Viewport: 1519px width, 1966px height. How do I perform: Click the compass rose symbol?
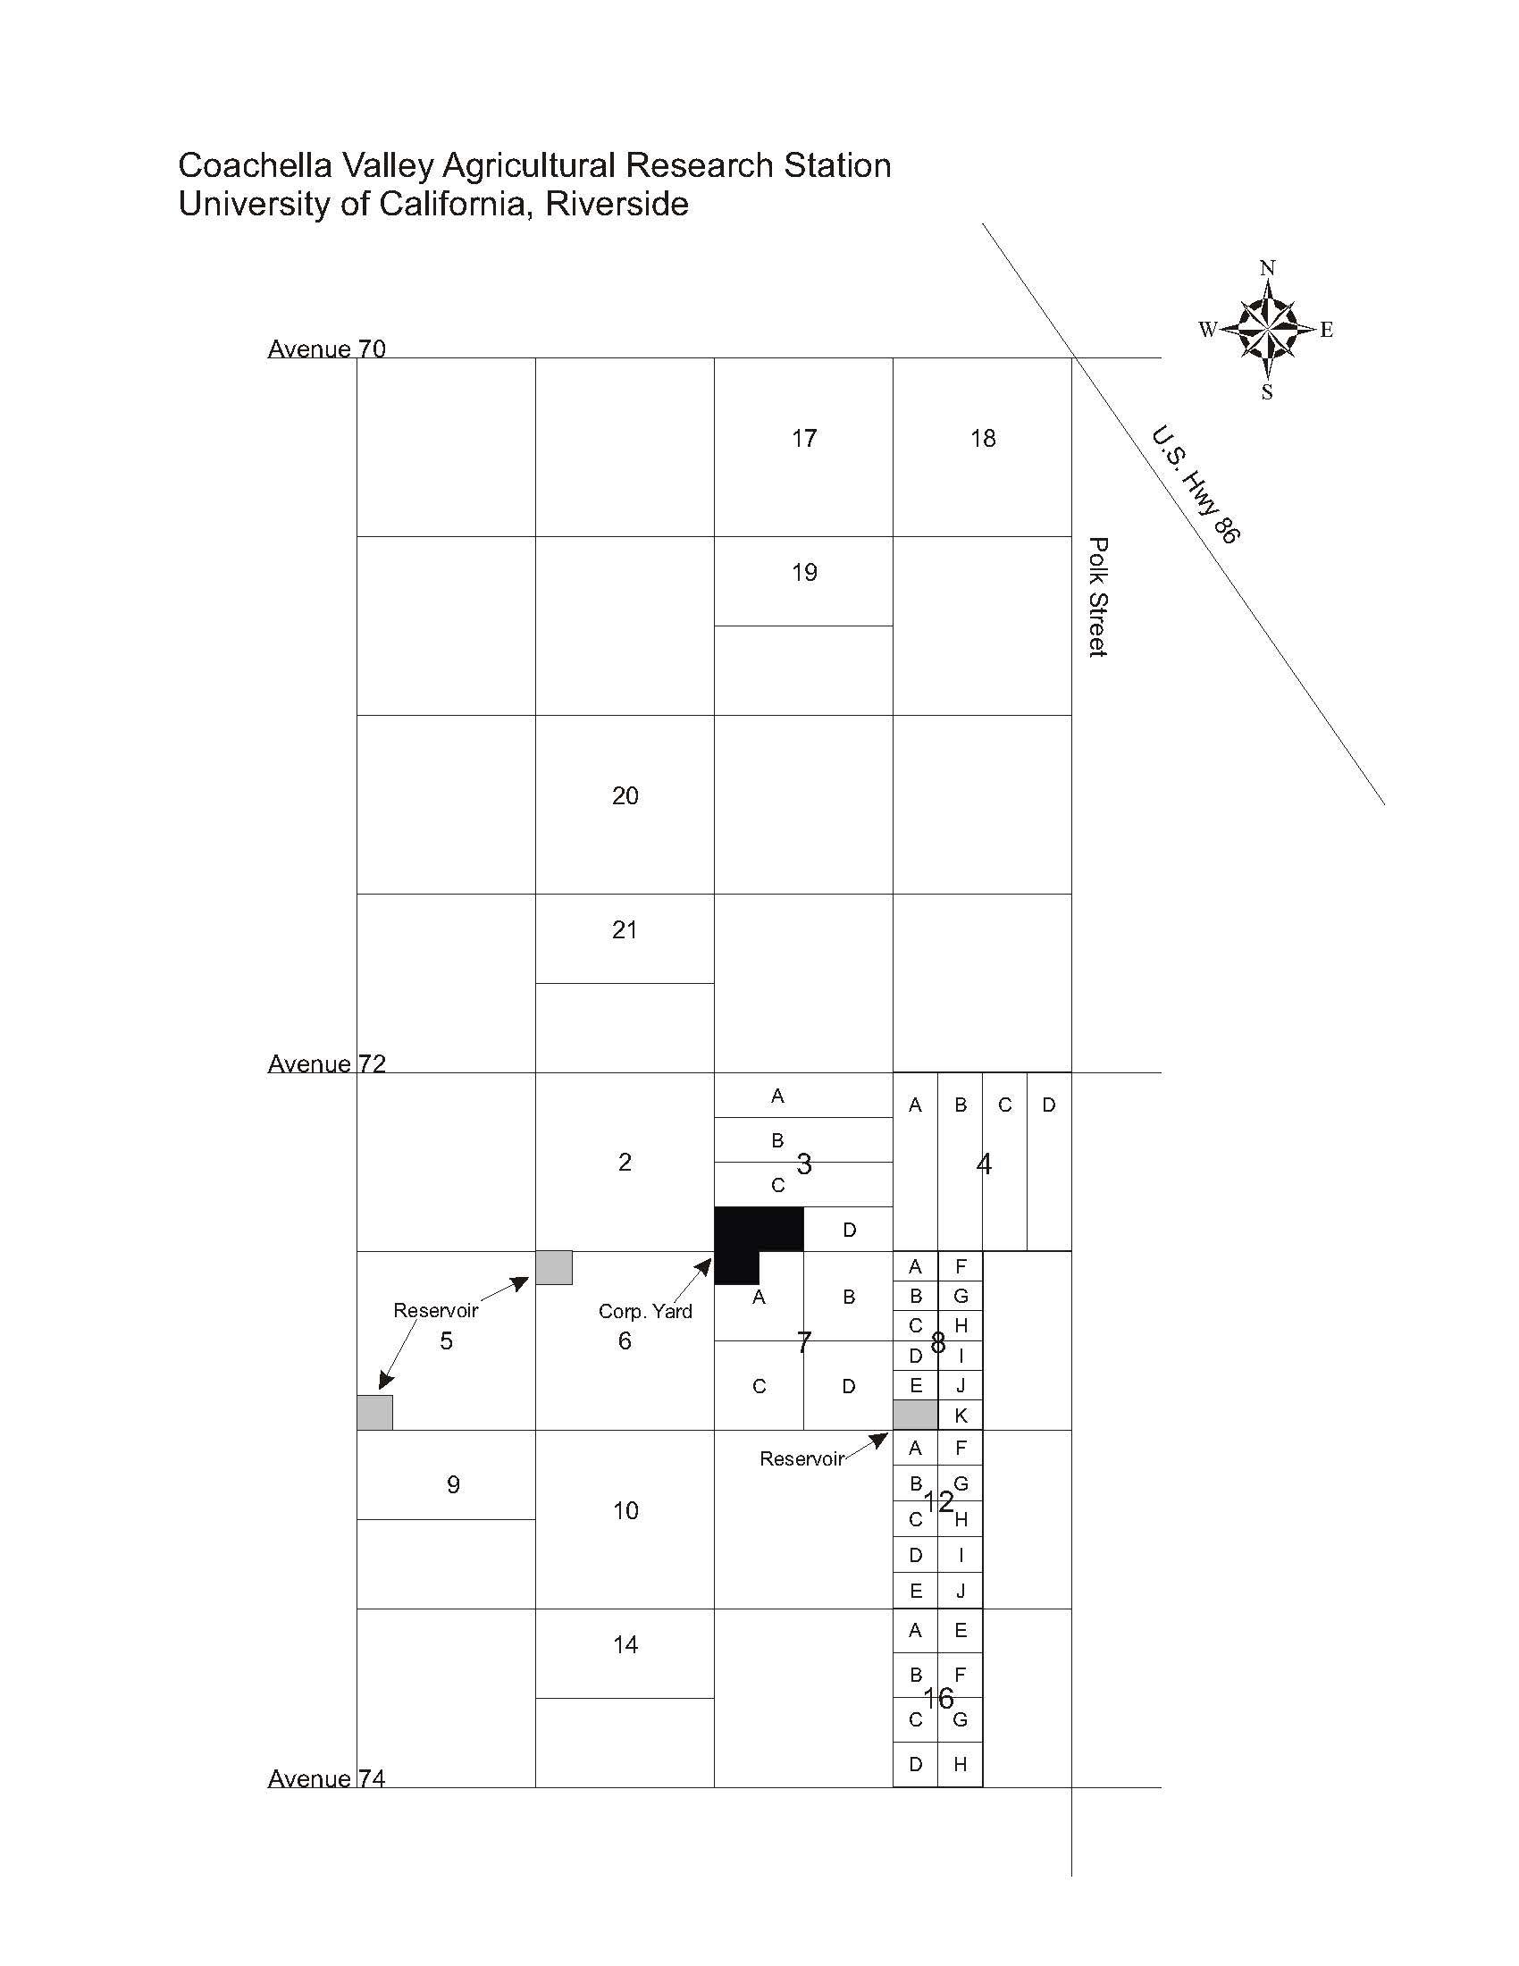1267,329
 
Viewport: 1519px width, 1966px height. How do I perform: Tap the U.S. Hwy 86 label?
1196,483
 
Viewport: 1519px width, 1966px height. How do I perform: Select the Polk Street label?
1097,597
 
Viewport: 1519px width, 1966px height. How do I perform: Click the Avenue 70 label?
327,349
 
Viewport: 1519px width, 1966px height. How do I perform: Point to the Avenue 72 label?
327,1063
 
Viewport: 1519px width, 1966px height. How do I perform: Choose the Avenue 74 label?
327,1777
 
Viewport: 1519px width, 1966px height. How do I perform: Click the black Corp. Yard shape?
747,1234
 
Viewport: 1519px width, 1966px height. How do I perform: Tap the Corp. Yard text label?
645,1311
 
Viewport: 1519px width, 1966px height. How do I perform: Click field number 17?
803,439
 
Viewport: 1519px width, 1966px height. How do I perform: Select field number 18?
983,439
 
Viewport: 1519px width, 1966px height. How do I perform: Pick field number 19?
803,573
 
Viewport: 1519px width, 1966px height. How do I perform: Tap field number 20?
625,795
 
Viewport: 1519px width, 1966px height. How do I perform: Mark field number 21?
625,930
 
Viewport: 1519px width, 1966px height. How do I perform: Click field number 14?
625,1644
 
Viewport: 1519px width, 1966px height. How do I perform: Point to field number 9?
454,1484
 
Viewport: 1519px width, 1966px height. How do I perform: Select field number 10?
625,1510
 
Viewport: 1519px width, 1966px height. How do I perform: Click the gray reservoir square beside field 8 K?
915,1415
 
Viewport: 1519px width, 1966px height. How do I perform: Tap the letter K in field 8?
961,1416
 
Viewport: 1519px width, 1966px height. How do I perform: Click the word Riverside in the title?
617,205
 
